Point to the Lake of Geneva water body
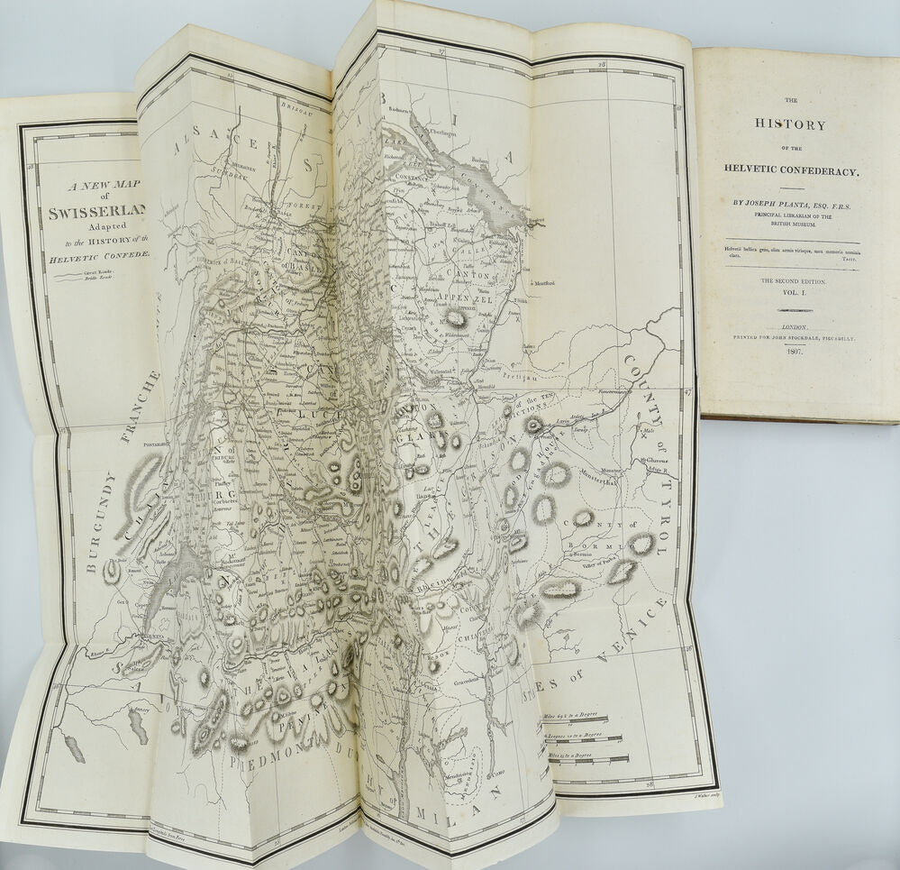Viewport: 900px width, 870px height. pyautogui.click(x=185, y=577)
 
